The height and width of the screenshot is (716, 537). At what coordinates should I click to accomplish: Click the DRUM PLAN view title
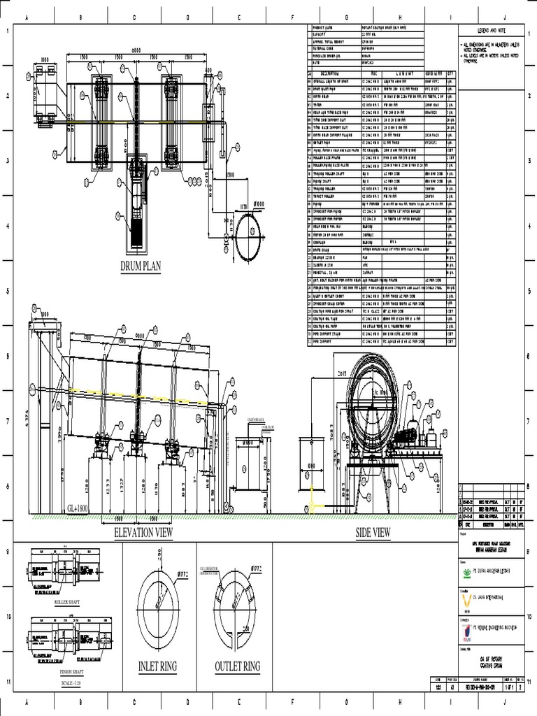(141, 265)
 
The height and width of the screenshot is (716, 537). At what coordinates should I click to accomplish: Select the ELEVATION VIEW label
(143, 533)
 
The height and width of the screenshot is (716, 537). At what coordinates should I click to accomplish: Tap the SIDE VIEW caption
(373, 533)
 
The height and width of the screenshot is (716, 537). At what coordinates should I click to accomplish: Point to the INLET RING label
(157, 666)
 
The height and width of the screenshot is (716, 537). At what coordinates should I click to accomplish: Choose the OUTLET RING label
(237, 666)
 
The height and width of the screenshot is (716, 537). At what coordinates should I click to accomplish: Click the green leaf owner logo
(467, 571)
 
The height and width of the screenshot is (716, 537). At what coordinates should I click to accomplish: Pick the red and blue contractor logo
(467, 629)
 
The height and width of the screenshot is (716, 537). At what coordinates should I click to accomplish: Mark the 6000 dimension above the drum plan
(136, 50)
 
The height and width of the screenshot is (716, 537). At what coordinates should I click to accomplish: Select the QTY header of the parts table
(450, 73)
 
